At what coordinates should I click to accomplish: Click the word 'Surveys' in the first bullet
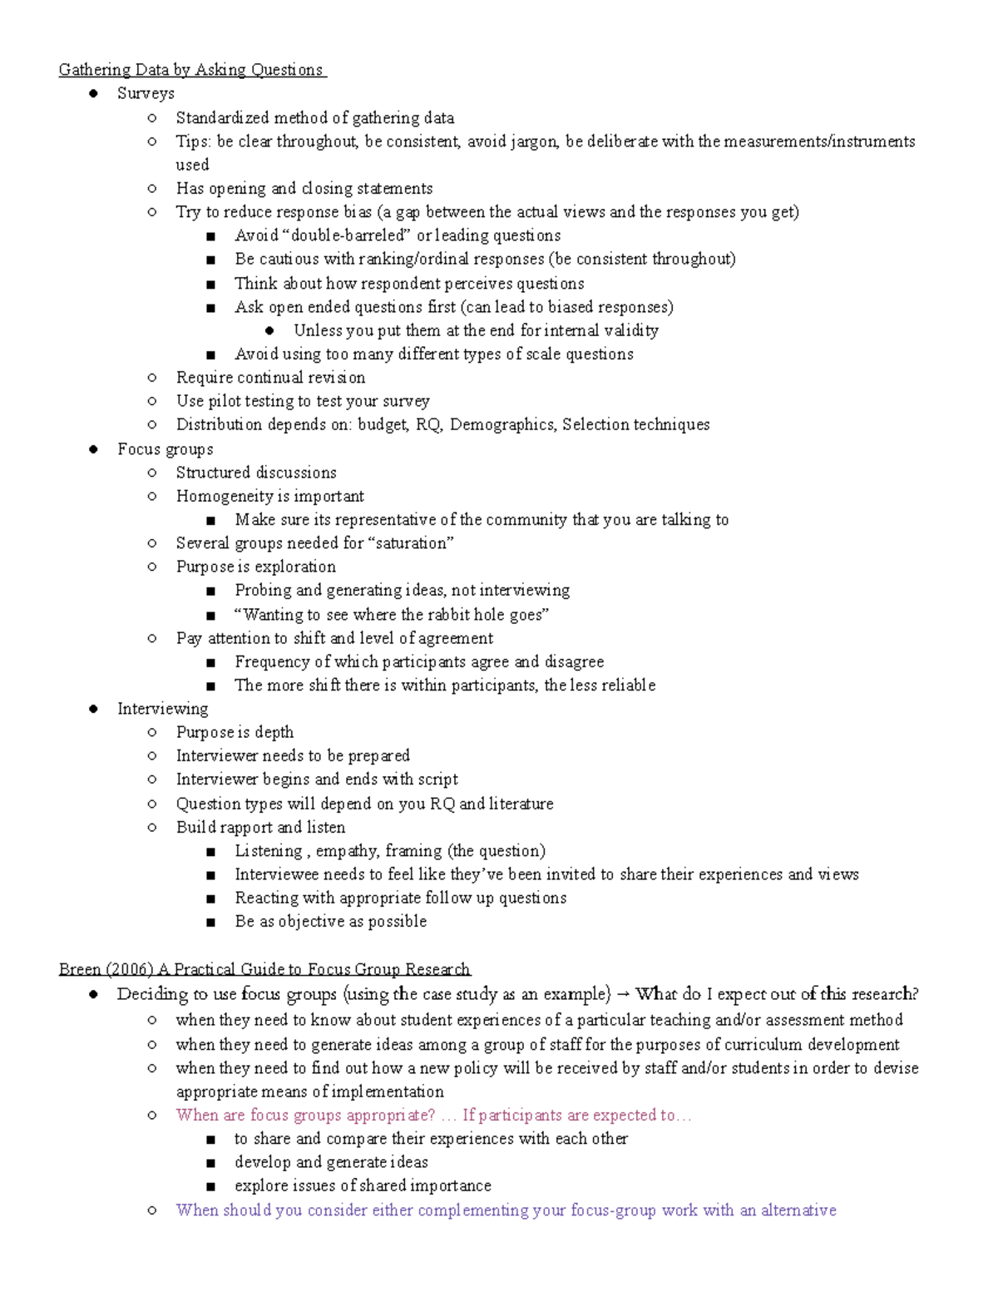tap(146, 93)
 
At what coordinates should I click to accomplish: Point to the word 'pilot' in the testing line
tap(224, 401)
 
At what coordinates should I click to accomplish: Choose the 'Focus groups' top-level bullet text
tap(165, 449)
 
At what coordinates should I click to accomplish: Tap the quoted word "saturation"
tap(411, 543)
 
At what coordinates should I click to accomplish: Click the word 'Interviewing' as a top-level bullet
tap(162, 709)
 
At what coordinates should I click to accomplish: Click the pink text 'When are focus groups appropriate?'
tap(305, 1116)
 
